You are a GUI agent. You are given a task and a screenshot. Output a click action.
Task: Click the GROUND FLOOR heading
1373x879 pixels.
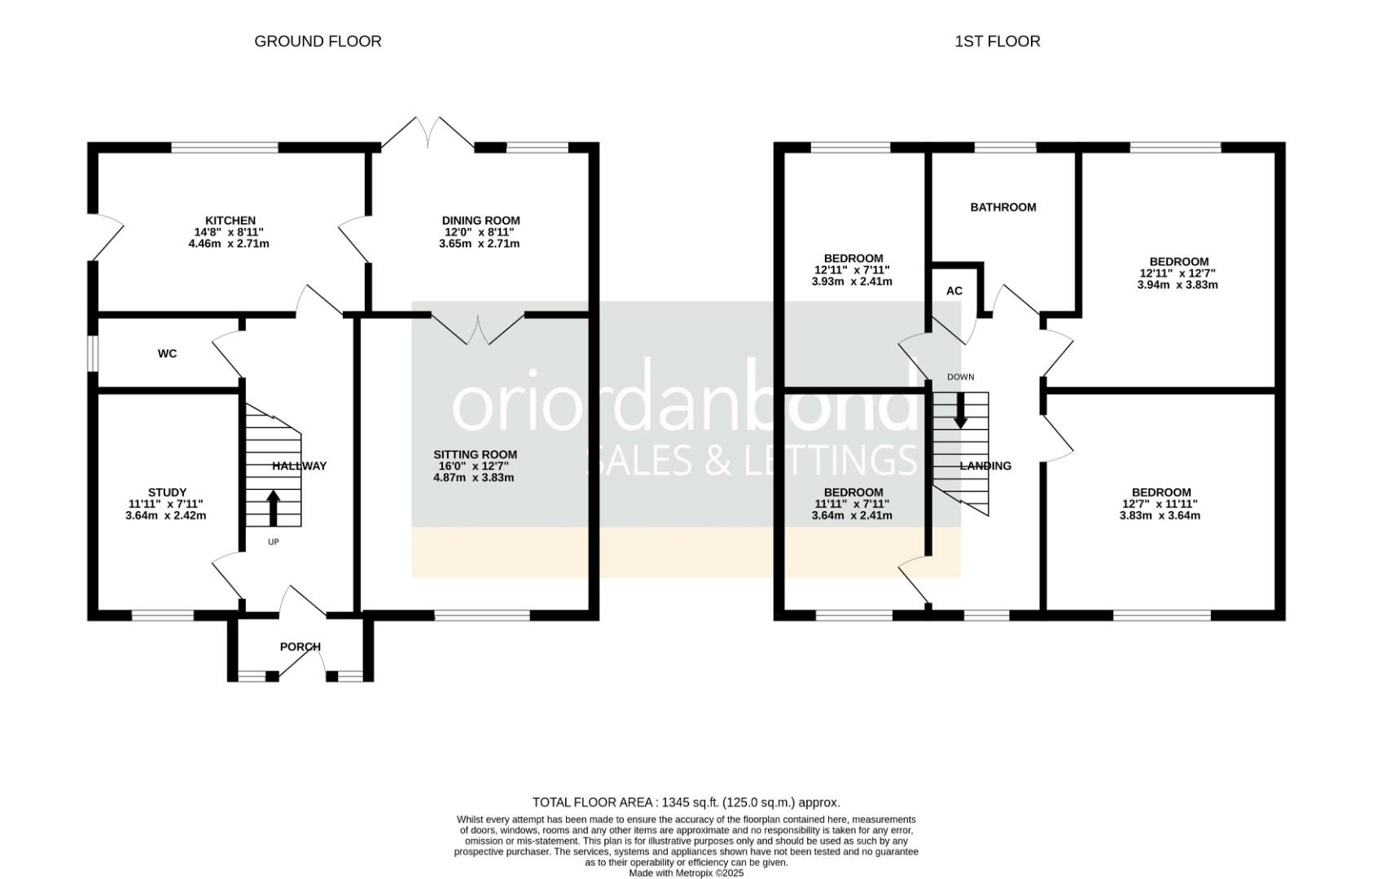tap(318, 42)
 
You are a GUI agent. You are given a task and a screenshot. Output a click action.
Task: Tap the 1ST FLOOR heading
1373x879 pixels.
tap(997, 42)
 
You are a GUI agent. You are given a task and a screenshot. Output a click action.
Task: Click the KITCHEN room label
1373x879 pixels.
tap(230, 221)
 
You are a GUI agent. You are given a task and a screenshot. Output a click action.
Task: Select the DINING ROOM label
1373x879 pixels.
tap(480, 221)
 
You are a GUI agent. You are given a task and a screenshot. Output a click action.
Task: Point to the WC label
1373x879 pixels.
tap(167, 354)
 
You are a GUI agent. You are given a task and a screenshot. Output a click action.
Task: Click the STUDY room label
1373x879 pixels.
tap(167, 492)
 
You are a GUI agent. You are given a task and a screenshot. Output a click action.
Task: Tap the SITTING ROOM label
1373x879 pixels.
tap(475, 455)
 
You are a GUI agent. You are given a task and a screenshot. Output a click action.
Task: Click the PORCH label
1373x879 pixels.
tap(300, 647)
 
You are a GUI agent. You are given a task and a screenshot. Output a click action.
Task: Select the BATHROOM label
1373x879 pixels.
tap(1002, 208)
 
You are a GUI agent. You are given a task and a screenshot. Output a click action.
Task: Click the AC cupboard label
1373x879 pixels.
tap(954, 291)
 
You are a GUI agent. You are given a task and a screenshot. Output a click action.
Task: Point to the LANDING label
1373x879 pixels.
tap(985, 466)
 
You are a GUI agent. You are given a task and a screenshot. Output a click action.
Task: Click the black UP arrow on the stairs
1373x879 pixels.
tap(273, 507)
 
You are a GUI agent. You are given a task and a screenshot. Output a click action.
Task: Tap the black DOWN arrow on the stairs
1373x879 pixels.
tap(960, 410)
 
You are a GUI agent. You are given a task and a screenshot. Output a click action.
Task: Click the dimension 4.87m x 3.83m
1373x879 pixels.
tap(474, 478)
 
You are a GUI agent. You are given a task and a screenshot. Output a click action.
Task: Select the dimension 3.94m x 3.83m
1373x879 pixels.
tap(1177, 285)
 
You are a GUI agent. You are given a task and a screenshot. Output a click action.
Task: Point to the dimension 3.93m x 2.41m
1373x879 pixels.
tap(852, 282)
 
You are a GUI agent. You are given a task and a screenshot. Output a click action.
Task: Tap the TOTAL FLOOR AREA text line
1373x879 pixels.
tap(686, 802)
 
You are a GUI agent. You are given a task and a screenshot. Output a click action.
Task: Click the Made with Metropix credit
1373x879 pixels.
tap(686, 872)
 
